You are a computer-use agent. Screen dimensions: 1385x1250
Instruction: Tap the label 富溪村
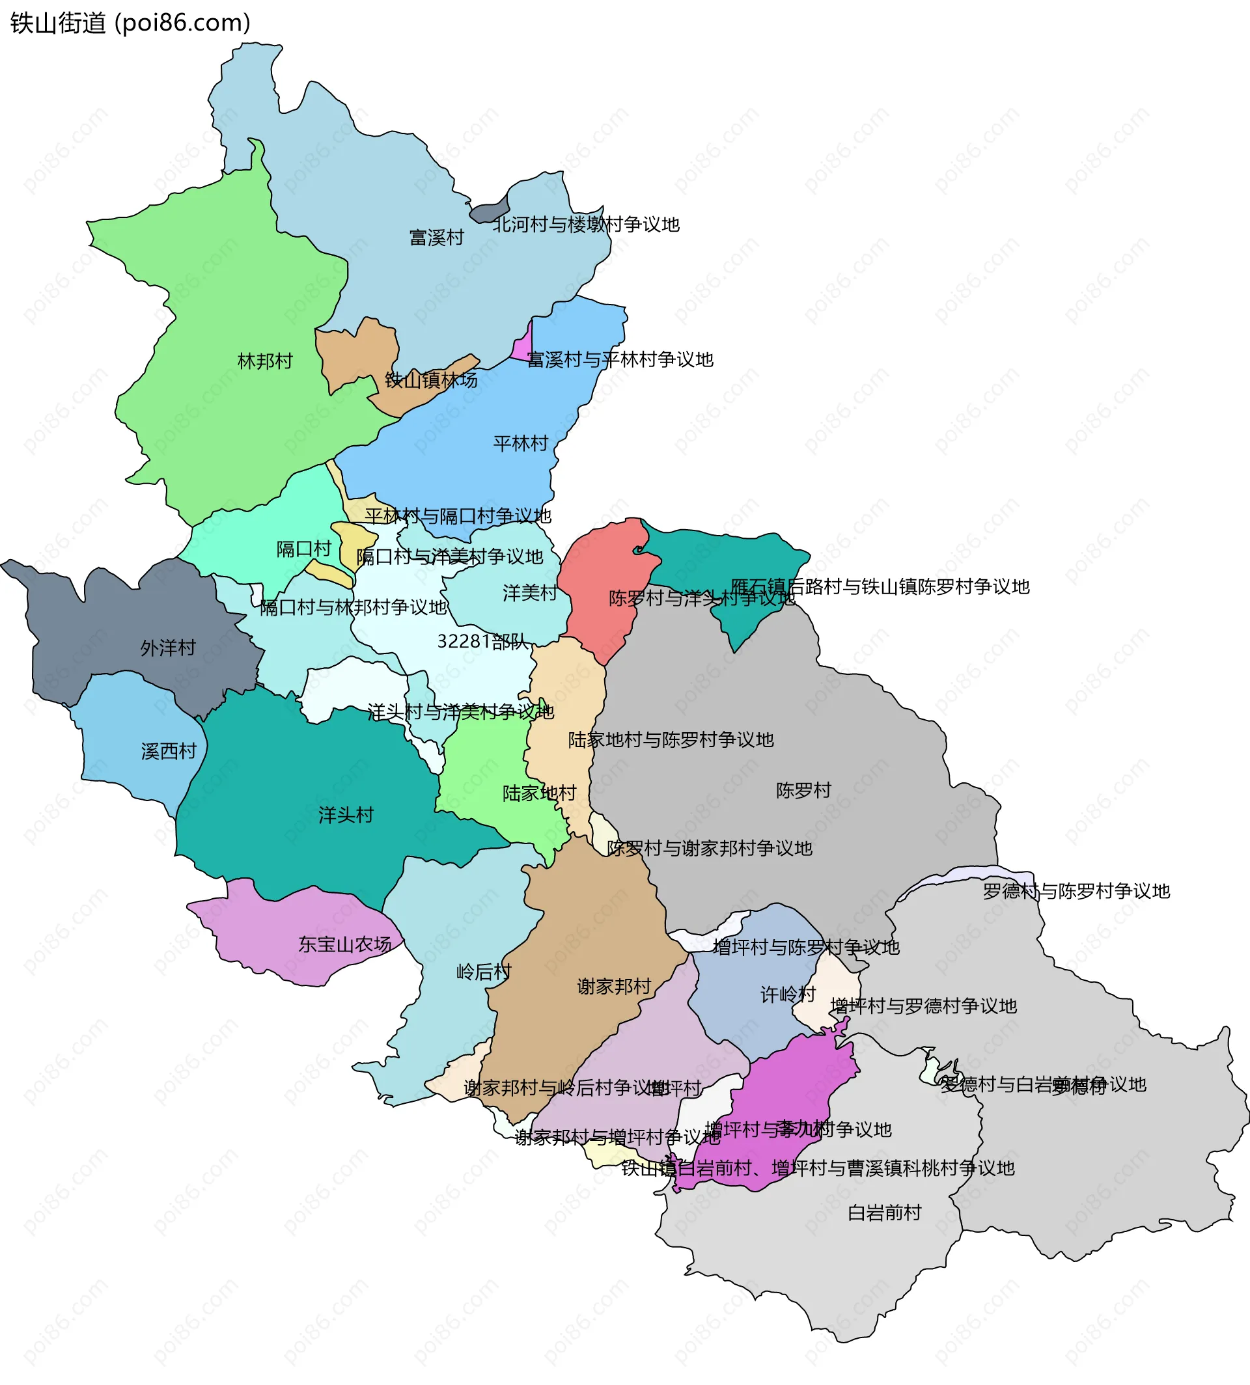click(436, 238)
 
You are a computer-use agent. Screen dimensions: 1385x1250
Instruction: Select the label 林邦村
click(264, 361)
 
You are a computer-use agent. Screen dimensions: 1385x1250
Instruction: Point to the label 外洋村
click(167, 648)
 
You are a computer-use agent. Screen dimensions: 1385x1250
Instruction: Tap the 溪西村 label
click(168, 751)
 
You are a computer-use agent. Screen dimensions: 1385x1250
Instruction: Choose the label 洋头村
click(346, 815)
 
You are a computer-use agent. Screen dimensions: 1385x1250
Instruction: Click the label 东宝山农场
click(344, 944)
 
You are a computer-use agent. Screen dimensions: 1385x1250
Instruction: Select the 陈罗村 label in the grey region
click(803, 790)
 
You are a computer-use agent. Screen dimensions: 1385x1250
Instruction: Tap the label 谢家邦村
click(613, 987)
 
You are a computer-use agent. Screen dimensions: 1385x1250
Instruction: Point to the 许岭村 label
click(787, 994)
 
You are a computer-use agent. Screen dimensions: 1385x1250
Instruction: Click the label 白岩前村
click(884, 1213)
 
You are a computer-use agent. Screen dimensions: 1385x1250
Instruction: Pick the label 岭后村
click(484, 972)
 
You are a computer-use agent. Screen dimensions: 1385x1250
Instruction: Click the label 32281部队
click(483, 641)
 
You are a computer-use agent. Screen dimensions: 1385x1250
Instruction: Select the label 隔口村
click(303, 549)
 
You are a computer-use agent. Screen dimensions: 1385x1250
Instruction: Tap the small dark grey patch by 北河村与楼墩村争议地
click(489, 211)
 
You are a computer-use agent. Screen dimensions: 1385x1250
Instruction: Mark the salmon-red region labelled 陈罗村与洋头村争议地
click(598, 577)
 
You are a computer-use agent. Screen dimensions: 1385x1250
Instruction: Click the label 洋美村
click(529, 592)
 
